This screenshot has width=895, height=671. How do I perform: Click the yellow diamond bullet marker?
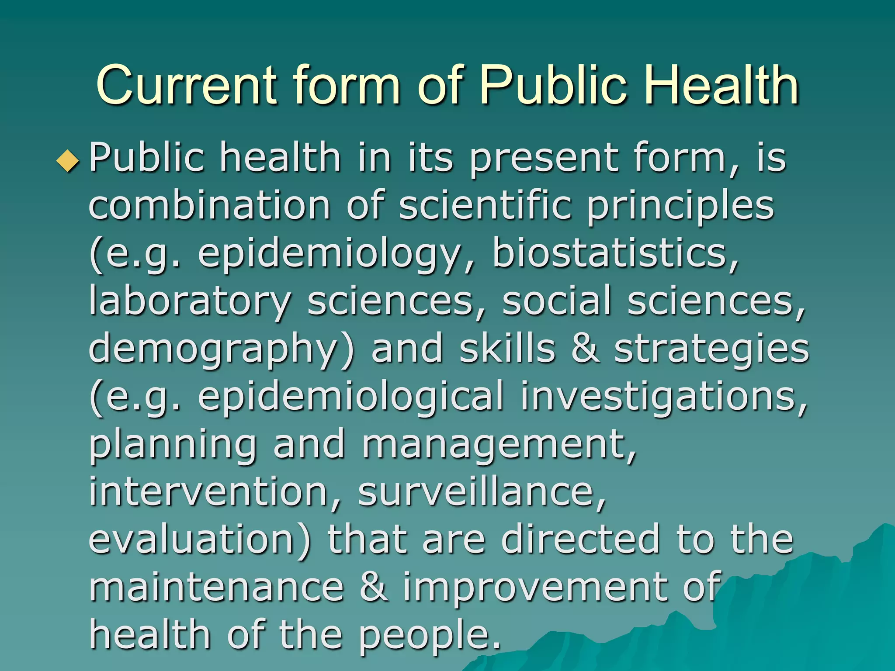[x=68, y=160]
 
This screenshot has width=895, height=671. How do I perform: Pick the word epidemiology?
[x=330, y=255]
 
